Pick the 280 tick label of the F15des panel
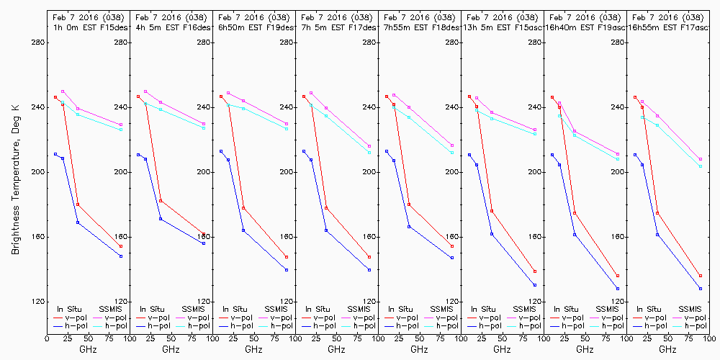click(x=37, y=42)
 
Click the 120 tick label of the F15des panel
click(x=37, y=302)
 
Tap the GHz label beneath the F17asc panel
click(x=667, y=349)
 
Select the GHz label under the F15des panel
click(x=88, y=349)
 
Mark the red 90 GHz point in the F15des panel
click(x=121, y=246)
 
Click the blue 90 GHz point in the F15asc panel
click(x=535, y=285)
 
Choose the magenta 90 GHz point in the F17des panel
click(x=369, y=146)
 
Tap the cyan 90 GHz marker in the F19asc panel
click(x=618, y=159)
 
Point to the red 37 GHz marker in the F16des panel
click(x=161, y=201)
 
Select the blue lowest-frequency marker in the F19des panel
click(x=221, y=151)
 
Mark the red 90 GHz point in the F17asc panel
click(x=701, y=276)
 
